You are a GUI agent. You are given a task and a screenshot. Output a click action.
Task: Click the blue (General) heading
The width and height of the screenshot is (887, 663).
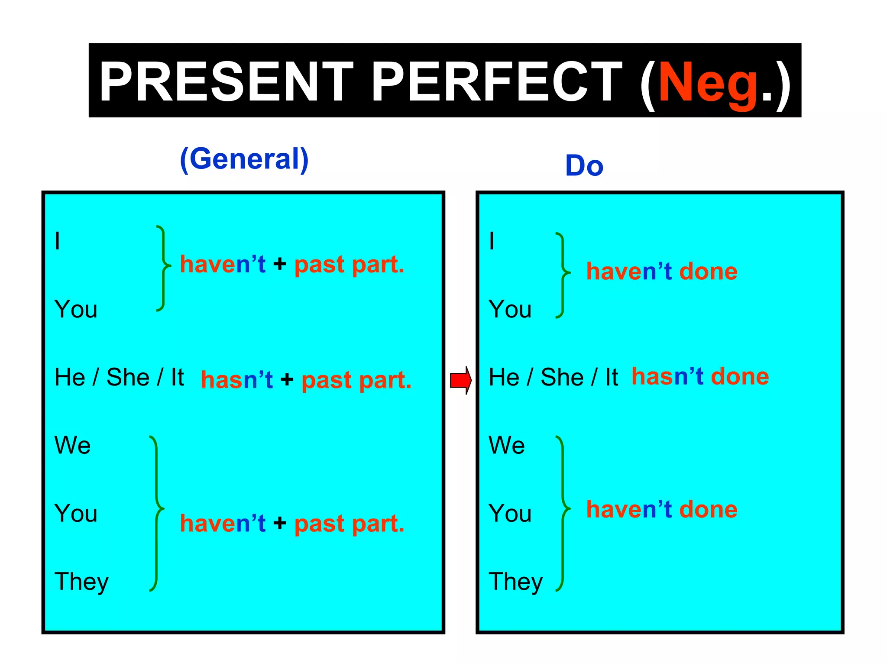click(x=244, y=159)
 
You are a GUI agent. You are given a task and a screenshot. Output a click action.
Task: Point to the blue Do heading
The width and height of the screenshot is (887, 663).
click(x=584, y=165)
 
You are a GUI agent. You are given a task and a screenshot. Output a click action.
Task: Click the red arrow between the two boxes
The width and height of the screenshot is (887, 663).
click(x=460, y=380)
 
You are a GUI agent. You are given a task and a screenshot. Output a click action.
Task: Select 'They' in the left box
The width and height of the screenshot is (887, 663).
click(x=81, y=582)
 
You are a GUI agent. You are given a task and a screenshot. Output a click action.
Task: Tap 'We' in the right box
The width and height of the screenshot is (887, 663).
click(x=507, y=445)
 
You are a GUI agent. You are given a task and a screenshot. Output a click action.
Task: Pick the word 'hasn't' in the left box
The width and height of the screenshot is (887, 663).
click(x=237, y=380)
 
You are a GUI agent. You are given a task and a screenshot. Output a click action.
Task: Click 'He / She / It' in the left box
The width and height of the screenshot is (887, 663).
click(x=119, y=377)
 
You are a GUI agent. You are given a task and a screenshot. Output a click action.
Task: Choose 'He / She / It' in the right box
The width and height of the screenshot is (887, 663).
click(x=553, y=377)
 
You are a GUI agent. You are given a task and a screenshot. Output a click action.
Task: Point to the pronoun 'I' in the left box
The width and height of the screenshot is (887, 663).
click(x=58, y=241)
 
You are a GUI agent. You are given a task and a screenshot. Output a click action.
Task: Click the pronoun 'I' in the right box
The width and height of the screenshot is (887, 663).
click(x=492, y=241)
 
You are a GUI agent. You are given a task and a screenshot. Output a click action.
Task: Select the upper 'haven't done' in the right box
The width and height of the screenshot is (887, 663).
click(x=661, y=272)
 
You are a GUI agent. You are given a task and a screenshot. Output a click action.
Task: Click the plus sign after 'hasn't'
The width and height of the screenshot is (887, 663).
click(x=287, y=380)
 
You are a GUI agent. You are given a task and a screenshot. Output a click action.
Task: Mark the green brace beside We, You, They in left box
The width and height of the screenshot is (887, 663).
click(x=156, y=513)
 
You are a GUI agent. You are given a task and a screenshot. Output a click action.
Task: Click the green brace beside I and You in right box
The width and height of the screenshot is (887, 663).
click(x=563, y=275)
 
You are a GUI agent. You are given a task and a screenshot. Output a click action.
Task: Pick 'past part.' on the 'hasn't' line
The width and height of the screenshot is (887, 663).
click(x=356, y=380)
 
